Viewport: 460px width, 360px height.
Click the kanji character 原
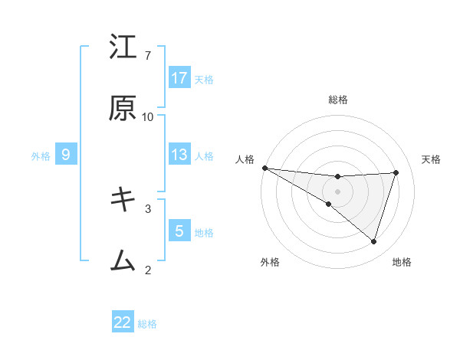(123, 108)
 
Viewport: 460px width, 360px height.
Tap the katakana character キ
(123, 200)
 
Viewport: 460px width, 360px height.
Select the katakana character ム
(123, 260)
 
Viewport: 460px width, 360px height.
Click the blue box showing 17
(179, 77)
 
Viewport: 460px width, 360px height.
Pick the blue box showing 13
(179, 155)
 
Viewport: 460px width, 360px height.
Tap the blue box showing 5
(179, 231)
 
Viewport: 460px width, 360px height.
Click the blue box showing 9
(66, 155)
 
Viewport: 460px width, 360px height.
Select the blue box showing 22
(123, 322)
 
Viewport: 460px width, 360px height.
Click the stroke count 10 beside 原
(148, 116)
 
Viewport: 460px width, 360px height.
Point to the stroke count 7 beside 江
(148, 56)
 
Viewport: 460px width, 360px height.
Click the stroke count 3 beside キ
(148, 208)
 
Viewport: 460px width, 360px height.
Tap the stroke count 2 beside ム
(148, 269)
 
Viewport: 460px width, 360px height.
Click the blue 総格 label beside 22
(147, 324)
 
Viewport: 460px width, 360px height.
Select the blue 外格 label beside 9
(41, 155)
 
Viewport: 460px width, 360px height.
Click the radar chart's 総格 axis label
(338, 100)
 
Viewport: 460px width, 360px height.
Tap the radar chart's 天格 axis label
(431, 159)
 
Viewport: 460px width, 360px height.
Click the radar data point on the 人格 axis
(264, 168)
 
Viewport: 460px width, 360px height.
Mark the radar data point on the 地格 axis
(374, 241)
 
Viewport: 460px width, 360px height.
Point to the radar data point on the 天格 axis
(396, 172)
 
